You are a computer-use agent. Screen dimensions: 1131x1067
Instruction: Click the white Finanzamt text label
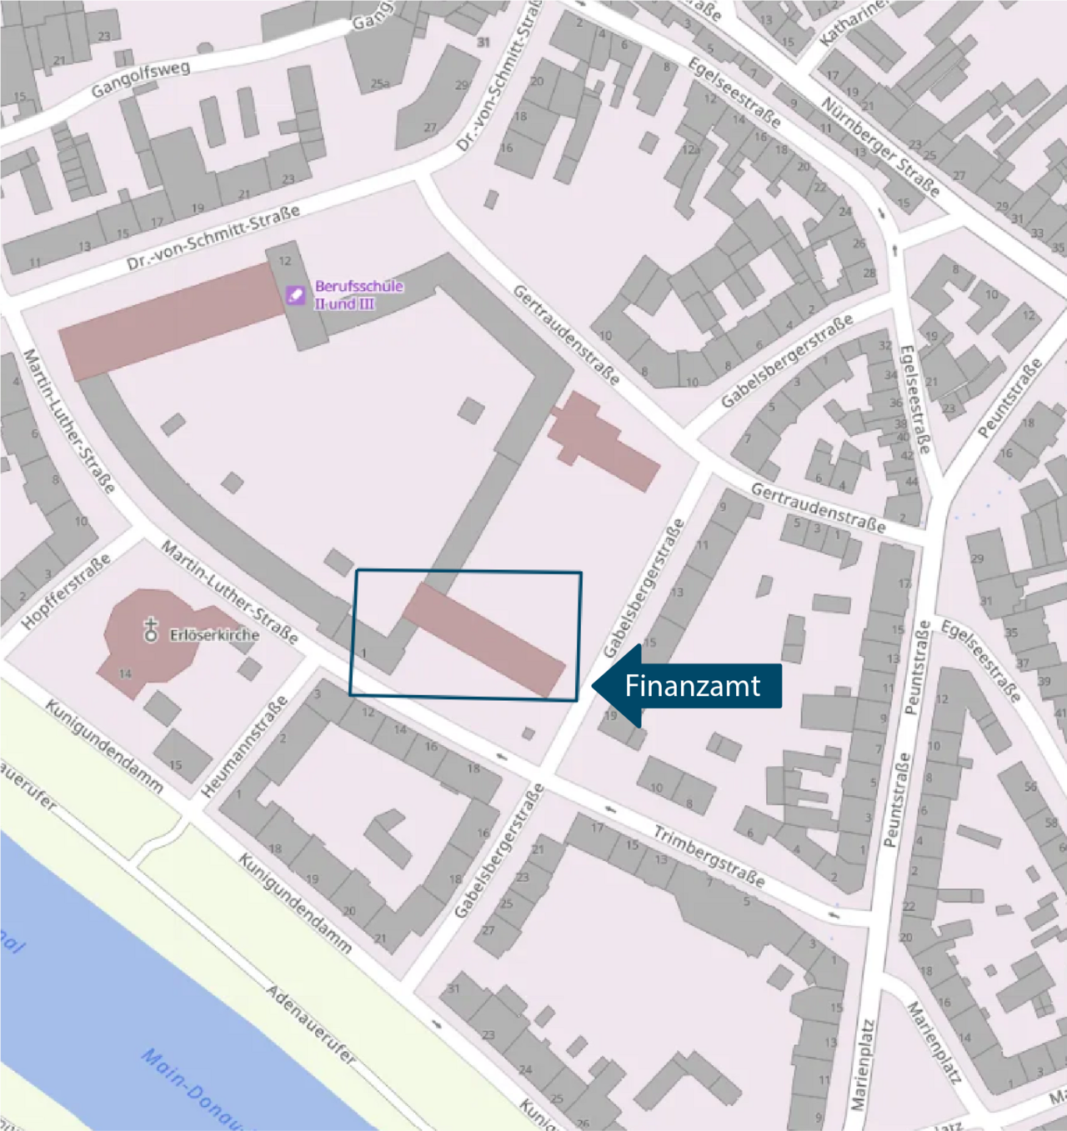pyautogui.click(x=692, y=686)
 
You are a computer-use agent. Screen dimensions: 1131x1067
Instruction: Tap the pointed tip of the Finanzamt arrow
pyautogui.click(x=593, y=686)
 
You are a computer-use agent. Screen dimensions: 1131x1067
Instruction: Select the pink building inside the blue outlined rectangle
pyautogui.click(x=484, y=639)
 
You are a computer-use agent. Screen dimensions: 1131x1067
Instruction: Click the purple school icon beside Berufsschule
pyautogui.click(x=295, y=295)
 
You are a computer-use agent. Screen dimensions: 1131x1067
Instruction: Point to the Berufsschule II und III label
pyautogui.click(x=358, y=295)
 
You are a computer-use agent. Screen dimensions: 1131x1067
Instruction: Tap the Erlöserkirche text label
pyautogui.click(x=214, y=635)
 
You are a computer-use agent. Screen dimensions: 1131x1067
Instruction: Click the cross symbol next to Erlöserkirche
pyautogui.click(x=151, y=629)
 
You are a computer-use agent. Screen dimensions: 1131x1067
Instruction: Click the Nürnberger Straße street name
pyautogui.click(x=880, y=147)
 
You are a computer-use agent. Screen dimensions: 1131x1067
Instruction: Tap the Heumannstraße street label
pyautogui.click(x=245, y=745)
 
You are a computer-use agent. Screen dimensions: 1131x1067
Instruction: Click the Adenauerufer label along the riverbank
pyautogui.click(x=311, y=1024)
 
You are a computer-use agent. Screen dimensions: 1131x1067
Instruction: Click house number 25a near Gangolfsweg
pyautogui.click(x=380, y=84)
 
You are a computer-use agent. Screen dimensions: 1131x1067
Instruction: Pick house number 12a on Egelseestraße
pyautogui.click(x=690, y=150)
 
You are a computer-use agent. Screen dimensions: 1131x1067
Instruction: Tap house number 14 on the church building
pyautogui.click(x=125, y=673)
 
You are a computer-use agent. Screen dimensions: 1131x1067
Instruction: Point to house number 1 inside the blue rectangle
pyautogui.click(x=363, y=653)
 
